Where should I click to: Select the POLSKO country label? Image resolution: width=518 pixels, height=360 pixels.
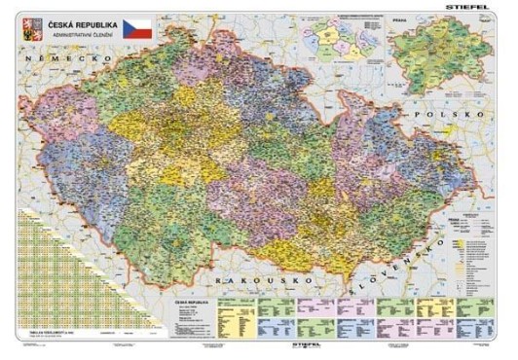pos(447,114)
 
